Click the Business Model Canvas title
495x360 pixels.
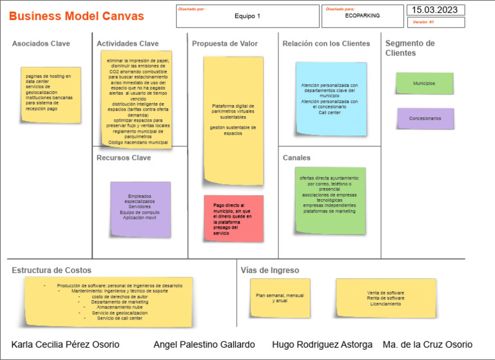click(77, 16)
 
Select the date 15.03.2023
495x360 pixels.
click(435, 10)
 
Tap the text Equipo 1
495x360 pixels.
click(247, 16)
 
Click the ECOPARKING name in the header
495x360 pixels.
click(362, 15)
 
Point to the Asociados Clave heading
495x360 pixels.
click(41, 44)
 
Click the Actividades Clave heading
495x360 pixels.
click(128, 44)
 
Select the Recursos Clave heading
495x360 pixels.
click(124, 158)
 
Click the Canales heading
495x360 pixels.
click(296, 158)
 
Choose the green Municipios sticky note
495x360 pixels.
click(424, 84)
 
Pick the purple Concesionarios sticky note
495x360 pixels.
click(425, 118)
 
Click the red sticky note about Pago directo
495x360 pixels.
click(233, 218)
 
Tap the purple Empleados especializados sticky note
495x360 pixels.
click(141, 209)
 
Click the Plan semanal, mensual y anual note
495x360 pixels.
click(280, 298)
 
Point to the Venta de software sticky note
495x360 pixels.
click(385, 298)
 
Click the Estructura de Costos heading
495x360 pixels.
click(52, 270)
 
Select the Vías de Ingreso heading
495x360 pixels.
click(270, 270)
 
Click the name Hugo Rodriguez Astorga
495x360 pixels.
click(322, 345)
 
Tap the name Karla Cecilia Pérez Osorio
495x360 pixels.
click(65, 345)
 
